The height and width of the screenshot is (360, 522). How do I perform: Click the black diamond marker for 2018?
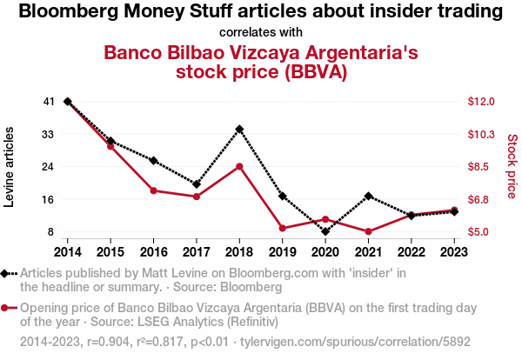[x=239, y=129]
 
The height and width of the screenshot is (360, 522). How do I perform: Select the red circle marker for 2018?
[x=239, y=166]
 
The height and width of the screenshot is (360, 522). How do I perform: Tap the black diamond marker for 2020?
[x=325, y=231]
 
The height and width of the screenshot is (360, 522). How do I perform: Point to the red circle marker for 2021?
[x=369, y=231]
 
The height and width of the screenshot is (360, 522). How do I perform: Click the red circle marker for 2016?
[x=153, y=190]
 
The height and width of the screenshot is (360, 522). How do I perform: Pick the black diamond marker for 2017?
[x=197, y=184]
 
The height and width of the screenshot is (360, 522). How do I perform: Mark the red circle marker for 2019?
[x=283, y=228]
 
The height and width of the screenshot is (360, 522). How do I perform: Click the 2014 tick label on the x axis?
[x=67, y=252]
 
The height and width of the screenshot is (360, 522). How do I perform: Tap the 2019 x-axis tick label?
[x=283, y=252]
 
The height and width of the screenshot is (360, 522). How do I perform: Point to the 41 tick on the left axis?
[x=48, y=102]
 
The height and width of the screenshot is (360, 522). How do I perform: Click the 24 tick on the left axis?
[x=48, y=166]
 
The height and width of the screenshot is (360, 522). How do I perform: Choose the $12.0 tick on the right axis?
[x=481, y=102]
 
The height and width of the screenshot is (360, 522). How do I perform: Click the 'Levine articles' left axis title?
[x=10, y=166]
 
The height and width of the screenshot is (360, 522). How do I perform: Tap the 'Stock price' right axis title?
[x=512, y=166]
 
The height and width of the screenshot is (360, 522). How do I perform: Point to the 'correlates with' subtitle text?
[x=261, y=32]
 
